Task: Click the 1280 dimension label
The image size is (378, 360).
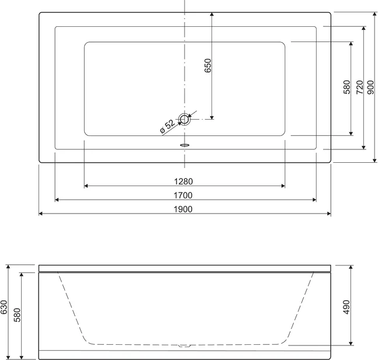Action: (x=183, y=181)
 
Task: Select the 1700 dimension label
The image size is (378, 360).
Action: (x=183, y=195)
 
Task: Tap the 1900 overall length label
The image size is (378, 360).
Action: (x=183, y=209)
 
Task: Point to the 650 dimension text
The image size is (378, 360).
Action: (x=207, y=65)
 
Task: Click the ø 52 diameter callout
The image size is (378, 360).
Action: (x=167, y=126)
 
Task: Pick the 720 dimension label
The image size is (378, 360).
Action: (x=360, y=87)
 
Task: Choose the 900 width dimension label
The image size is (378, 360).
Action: (x=371, y=87)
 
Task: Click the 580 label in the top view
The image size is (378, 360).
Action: (x=346, y=87)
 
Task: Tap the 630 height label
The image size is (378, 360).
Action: (x=4, y=307)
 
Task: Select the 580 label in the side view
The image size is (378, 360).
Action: (x=18, y=315)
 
